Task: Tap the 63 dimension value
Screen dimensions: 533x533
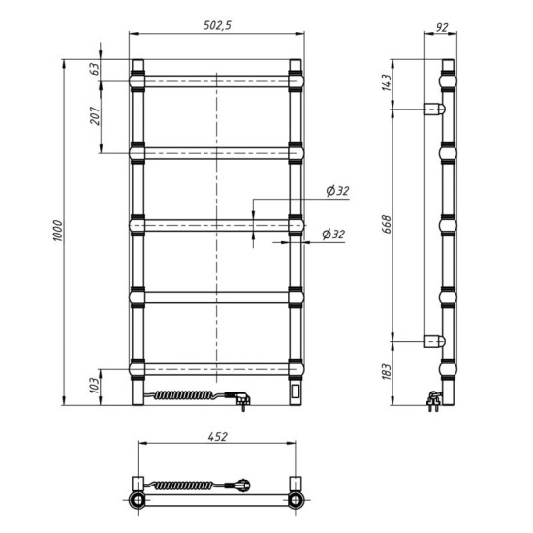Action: pos(95,69)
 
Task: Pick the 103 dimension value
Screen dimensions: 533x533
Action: pos(95,385)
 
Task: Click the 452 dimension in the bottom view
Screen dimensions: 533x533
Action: pos(217,437)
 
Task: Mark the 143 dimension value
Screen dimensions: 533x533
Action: pos(386,82)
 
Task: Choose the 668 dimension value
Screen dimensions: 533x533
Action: pos(386,225)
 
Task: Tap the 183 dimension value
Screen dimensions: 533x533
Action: pos(386,372)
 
